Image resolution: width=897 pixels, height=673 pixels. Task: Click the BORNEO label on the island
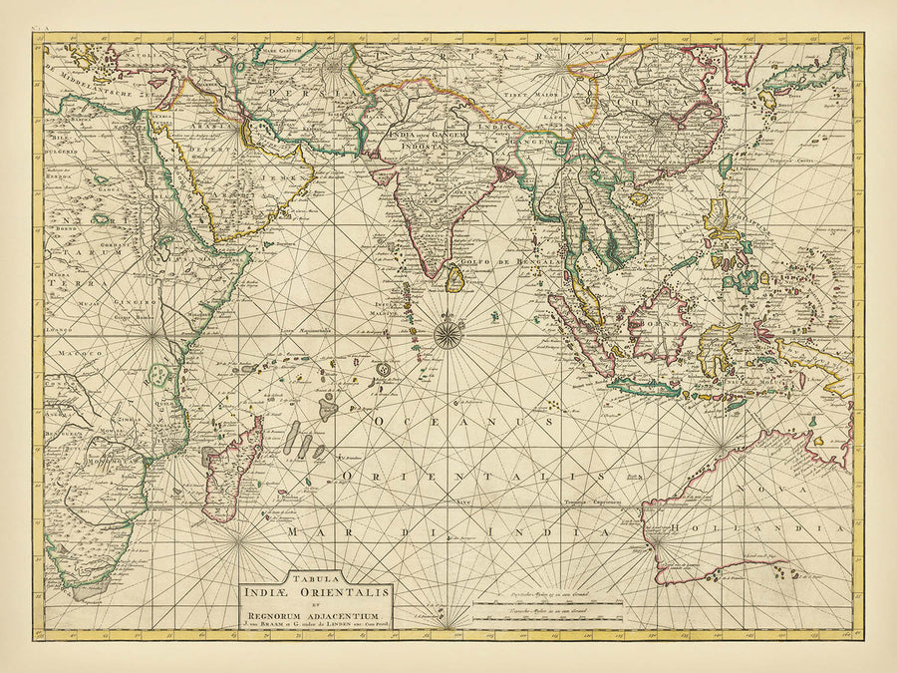coord(660,323)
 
